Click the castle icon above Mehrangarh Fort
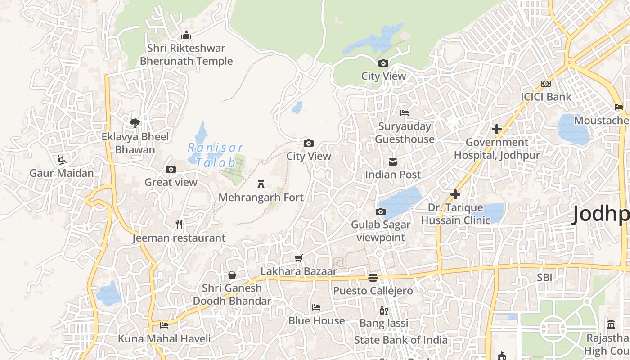(261, 184)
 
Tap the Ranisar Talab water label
(215, 155)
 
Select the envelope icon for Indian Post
(393, 162)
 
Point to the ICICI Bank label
(546, 97)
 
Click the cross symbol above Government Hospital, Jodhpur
(497, 130)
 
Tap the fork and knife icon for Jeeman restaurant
(179, 224)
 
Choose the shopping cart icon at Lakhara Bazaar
(298, 258)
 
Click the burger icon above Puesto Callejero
(373, 277)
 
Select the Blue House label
(317, 321)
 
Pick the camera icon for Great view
(171, 169)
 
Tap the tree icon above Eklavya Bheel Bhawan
(135, 123)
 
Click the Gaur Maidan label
(62, 173)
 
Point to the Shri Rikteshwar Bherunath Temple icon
(186, 35)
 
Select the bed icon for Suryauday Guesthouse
(405, 113)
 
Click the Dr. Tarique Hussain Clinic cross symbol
(455, 194)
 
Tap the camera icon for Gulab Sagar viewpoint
(381, 211)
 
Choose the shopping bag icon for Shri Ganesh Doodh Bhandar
(232, 274)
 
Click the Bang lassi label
(384, 323)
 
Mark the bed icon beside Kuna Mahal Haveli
(164, 325)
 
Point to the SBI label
(544, 278)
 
